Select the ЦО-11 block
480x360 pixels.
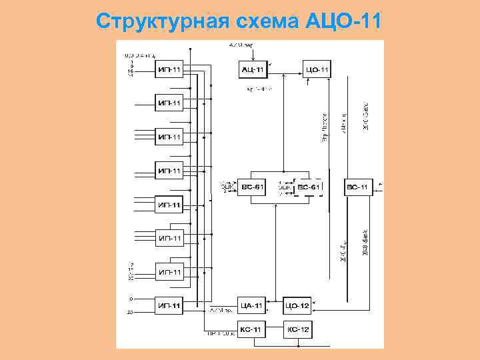tap(316, 69)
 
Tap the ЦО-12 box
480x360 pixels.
tap(297, 306)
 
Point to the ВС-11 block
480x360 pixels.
tap(358, 187)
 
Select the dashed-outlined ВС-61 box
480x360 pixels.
tap(309, 188)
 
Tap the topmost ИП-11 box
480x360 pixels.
tap(169, 69)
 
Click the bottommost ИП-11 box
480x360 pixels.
tap(169, 306)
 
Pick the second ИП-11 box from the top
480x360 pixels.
tap(169, 103)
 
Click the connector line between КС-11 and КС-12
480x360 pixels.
tap(275, 329)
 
